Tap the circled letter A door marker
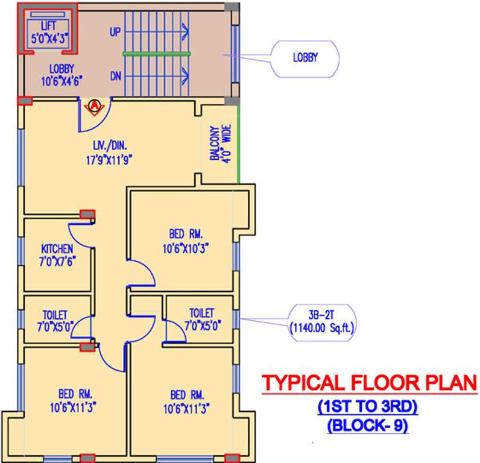pyautogui.click(x=94, y=106)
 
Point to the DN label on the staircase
pyautogui.click(x=115, y=77)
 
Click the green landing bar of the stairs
pyautogui.click(x=157, y=54)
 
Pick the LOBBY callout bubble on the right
pyautogui.click(x=305, y=58)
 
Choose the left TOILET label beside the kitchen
pyautogui.click(x=55, y=320)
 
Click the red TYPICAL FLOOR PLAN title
pyautogui.click(x=368, y=383)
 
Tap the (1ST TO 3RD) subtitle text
pyautogui.click(x=367, y=408)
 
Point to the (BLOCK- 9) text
pyautogui.click(x=367, y=426)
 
